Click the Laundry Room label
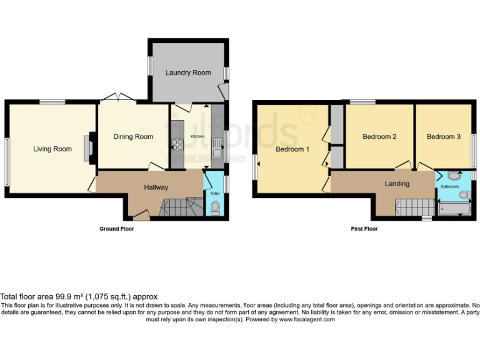coord(188,72)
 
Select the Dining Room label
coord(132,136)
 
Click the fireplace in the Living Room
coord(90,149)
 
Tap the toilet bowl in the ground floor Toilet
coord(215,209)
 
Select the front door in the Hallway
coord(142,216)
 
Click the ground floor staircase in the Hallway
coord(181,206)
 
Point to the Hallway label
coord(156,187)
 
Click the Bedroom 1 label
coord(292,149)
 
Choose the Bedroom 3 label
coord(443,136)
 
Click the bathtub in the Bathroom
coord(454,208)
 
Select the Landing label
coord(397,184)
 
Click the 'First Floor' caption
coord(364,229)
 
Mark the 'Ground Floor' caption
coord(117,229)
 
